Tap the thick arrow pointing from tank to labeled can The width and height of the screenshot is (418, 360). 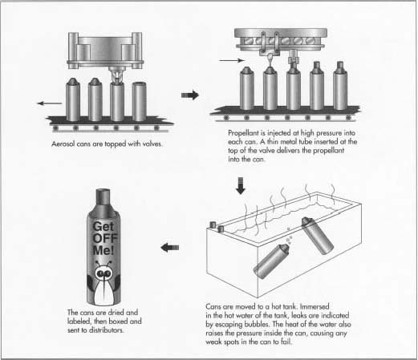(x=170, y=248)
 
